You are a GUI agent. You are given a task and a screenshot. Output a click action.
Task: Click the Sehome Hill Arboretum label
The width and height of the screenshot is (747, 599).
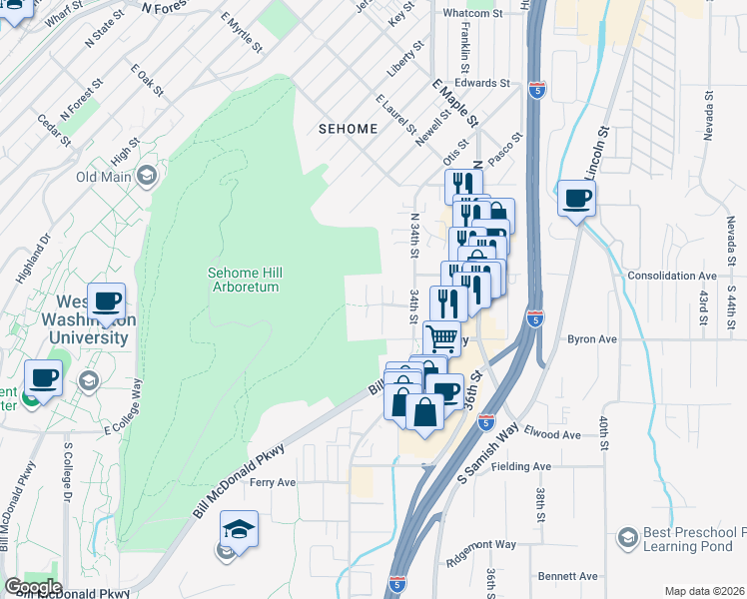(x=243, y=279)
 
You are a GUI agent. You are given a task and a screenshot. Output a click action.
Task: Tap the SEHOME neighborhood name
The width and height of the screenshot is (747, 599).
(x=348, y=129)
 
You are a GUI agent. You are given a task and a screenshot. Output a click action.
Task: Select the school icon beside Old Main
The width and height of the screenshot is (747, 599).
(x=147, y=178)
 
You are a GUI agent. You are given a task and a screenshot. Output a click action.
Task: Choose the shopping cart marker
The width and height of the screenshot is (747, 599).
(x=441, y=336)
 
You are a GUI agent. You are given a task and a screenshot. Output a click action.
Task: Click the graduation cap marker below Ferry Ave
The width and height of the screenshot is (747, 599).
(x=238, y=528)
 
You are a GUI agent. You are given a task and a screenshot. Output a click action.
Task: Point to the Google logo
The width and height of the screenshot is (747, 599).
(x=33, y=587)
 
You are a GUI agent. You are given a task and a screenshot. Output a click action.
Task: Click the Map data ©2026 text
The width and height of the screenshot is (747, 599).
(x=704, y=591)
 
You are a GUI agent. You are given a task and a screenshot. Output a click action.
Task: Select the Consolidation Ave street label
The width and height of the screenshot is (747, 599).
(x=672, y=276)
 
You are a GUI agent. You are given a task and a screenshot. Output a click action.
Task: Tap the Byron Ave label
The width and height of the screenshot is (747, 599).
(x=593, y=339)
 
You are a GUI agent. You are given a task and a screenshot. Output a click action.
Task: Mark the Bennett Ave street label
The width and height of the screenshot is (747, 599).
(x=567, y=576)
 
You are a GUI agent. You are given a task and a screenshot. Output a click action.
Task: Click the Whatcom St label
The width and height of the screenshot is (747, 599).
(x=473, y=13)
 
